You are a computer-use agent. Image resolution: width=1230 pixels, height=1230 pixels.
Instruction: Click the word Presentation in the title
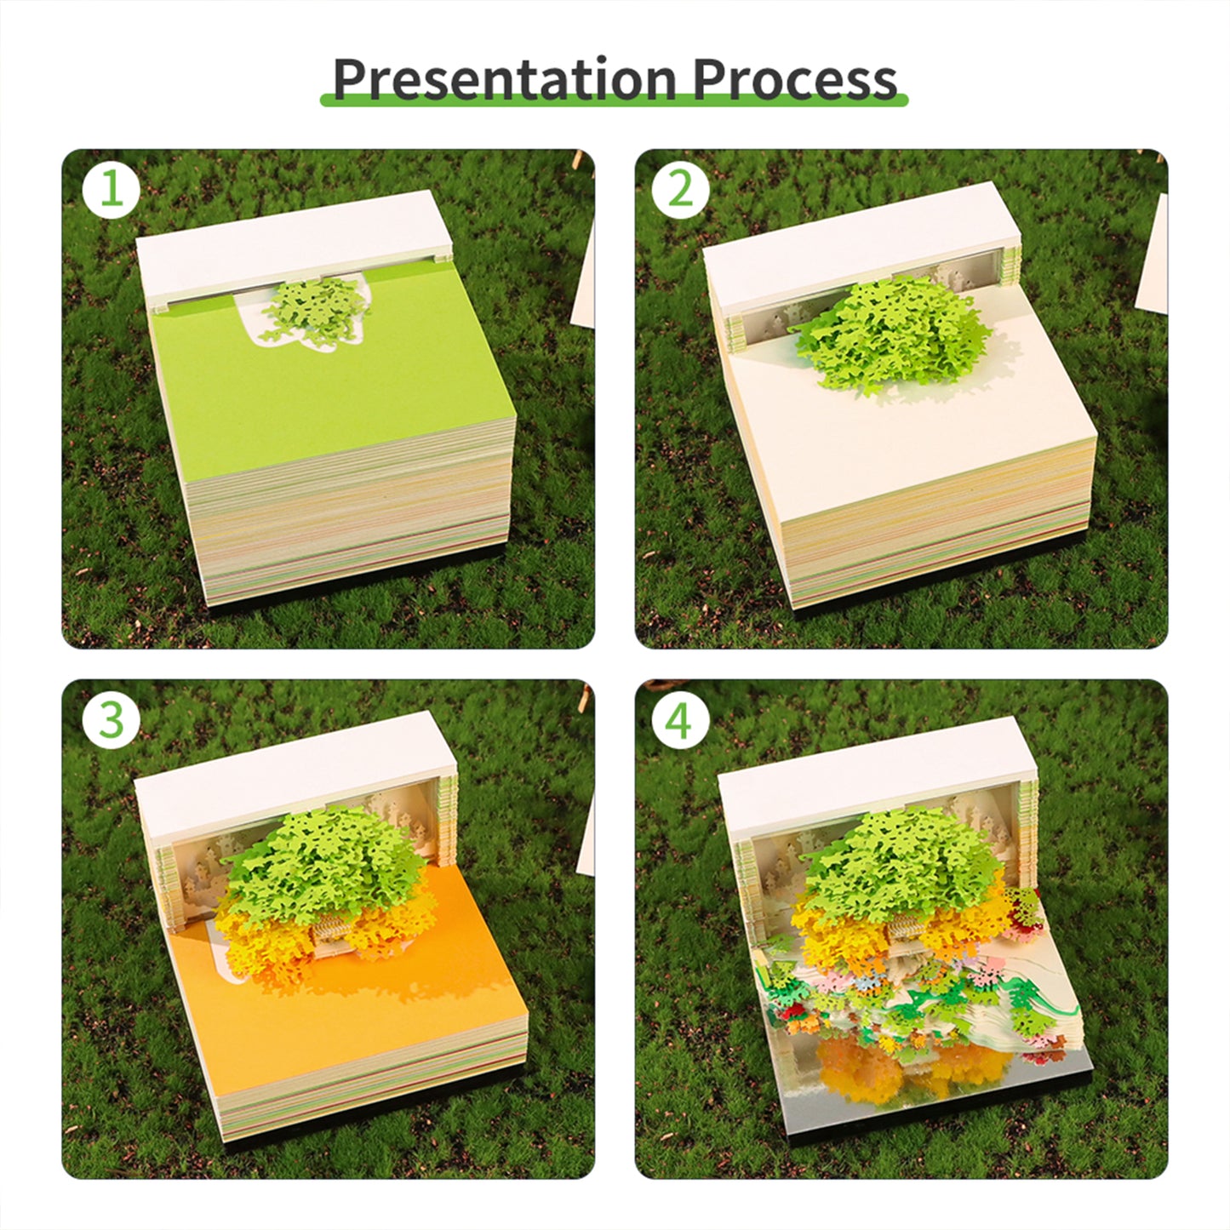[503, 79]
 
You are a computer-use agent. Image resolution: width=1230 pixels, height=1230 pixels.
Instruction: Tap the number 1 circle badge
[112, 188]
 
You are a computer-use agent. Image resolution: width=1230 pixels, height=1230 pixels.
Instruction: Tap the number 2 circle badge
[680, 188]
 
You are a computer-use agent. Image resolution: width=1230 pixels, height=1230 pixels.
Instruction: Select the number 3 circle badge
[112, 720]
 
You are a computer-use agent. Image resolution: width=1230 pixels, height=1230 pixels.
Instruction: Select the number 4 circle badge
[680, 720]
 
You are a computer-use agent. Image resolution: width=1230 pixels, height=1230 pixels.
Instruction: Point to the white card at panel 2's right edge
[1153, 255]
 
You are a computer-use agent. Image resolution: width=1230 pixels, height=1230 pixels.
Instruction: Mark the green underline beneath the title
[613, 101]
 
